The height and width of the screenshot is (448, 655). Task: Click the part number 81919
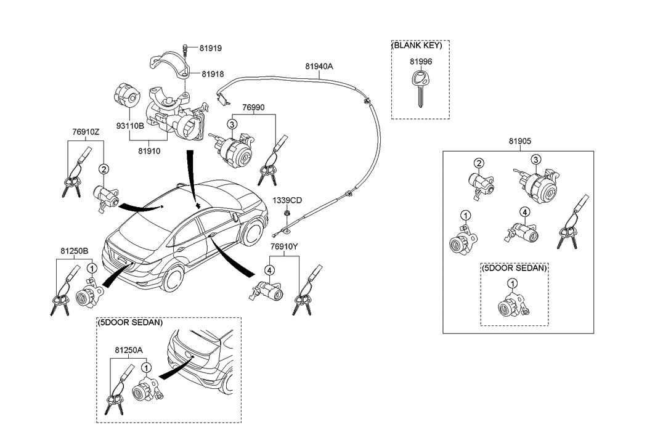[210, 47]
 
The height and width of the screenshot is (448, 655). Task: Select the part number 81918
[210, 74]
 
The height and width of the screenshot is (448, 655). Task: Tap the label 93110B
[130, 126]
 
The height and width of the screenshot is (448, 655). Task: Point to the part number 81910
[149, 150]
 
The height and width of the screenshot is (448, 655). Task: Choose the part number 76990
[254, 107]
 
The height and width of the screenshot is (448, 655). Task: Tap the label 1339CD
[288, 200]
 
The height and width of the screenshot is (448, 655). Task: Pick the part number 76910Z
[86, 132]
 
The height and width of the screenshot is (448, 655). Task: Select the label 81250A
[128, 349]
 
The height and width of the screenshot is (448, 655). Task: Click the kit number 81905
[519, 141]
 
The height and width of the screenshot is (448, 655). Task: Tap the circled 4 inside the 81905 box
[524, 213]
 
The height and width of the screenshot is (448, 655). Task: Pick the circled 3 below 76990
[232, 124]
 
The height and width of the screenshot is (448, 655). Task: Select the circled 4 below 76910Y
[269, 269]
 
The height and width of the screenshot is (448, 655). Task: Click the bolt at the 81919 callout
[184, 48]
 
